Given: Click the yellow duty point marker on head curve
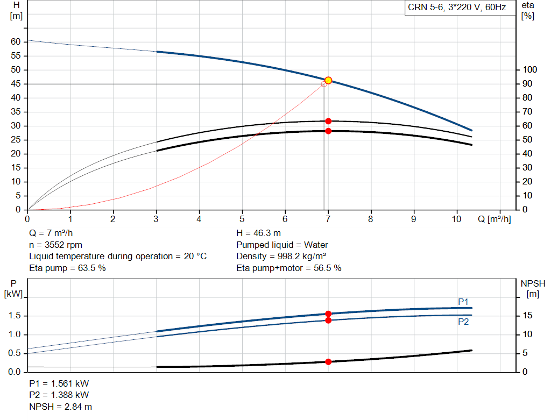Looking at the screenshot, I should click(328, 81).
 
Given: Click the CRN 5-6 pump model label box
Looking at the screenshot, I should click(457, 8).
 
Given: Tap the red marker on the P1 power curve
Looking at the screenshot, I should click(328, 314).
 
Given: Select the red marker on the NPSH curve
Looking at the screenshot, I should click(328, 362).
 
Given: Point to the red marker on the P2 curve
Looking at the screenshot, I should click(328, 321).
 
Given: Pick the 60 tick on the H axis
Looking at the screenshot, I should click(16, 42).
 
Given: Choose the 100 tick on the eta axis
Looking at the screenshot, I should click(531, 70).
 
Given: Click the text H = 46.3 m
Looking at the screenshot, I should click(258, 233).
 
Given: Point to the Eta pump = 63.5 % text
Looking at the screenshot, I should click(67, 268).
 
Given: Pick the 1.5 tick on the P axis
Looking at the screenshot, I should click(16, 316).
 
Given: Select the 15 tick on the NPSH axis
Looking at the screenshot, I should click(528, 316).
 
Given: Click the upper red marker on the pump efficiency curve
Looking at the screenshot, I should click(328, 122).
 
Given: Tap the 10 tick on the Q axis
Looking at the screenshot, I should click(457, 219).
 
